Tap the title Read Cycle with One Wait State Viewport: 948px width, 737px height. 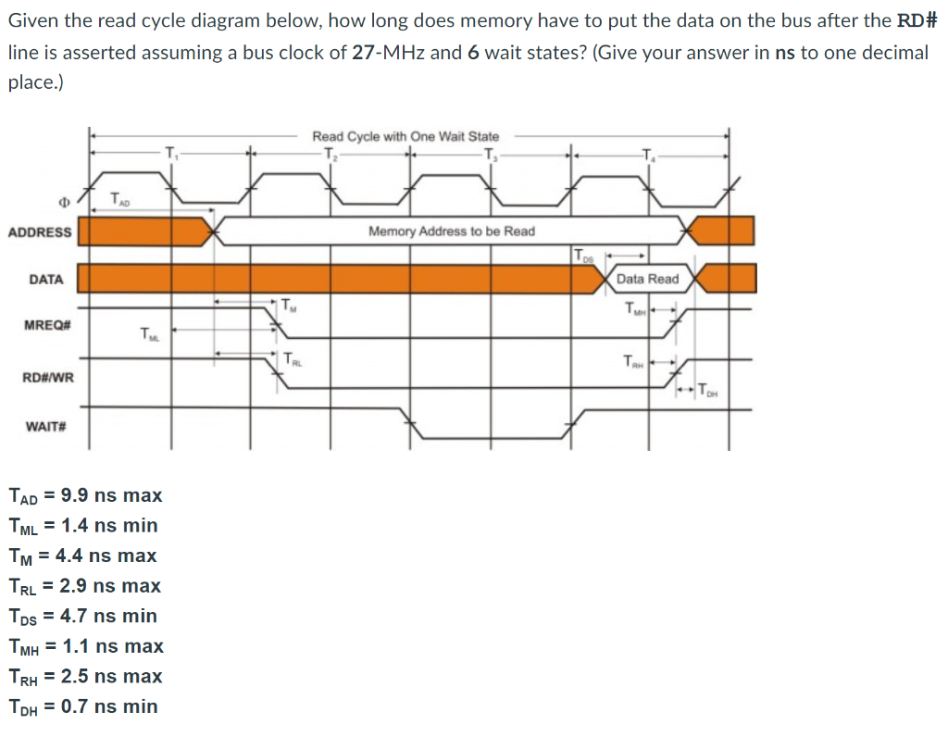pos(405,136)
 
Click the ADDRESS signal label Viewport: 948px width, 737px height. pos(40,231)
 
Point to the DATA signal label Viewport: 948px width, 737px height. pos(46,279)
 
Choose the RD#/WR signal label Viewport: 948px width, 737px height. pos(48,377)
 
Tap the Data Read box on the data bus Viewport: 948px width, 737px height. pos(648,279)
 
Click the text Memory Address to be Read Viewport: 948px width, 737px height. pos(452,231)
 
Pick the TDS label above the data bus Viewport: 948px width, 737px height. pos(580,254)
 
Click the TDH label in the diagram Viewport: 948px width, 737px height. pos(706,389)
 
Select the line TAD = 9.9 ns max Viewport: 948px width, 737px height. pos(85,495)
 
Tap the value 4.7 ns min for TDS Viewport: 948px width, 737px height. pos(108,616)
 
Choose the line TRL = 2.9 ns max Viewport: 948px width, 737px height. pos(84,586)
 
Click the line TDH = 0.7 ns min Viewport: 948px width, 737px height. pos(83,706)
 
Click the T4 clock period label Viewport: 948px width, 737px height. pos(647,152)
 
